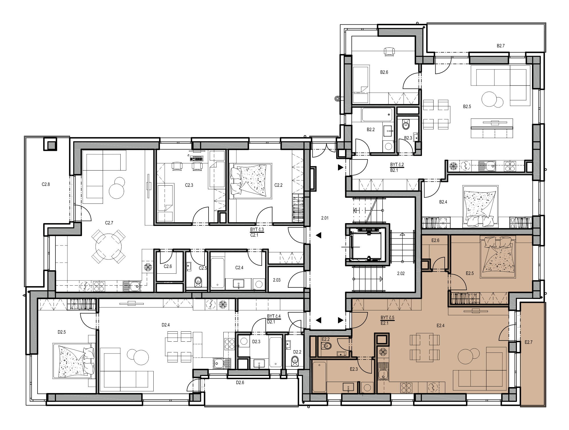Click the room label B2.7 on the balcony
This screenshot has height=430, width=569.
(x=500, y=46)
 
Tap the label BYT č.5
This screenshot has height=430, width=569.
(x=387, y=317)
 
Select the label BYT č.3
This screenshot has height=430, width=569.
(x=257, y=229)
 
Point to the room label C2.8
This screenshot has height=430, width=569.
(x=46, y=184)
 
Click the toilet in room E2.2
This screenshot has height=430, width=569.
(x=327, y=346)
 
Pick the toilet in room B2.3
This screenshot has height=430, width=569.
(x=406, y=124)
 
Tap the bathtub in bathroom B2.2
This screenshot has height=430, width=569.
(x=377, y=115)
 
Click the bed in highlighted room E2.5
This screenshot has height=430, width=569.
(x=498, y=257)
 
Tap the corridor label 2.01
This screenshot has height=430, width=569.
(x=325, y=218)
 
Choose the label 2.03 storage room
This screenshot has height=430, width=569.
(x=277, y=280)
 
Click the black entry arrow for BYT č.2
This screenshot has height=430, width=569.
(x=341, y=167)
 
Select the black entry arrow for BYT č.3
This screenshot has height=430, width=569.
(x=319, y=235)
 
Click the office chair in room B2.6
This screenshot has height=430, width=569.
(x=389, y=51)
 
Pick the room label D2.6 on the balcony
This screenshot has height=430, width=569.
(x=240, y=383)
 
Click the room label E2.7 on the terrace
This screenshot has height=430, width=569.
(x=528, y=342)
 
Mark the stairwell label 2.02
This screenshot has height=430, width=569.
(x=401, y=273)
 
